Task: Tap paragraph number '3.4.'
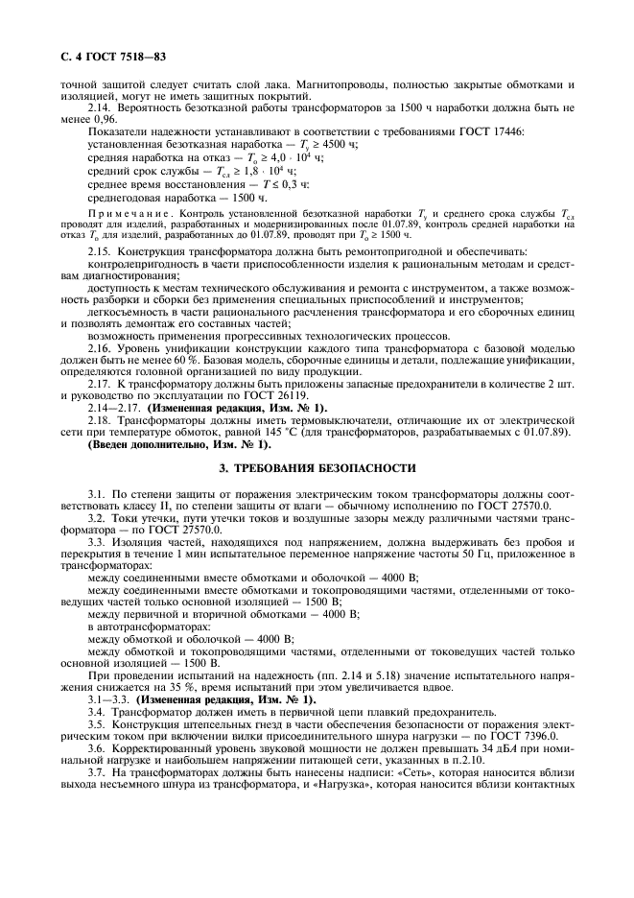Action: click(x=100, y=712)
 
